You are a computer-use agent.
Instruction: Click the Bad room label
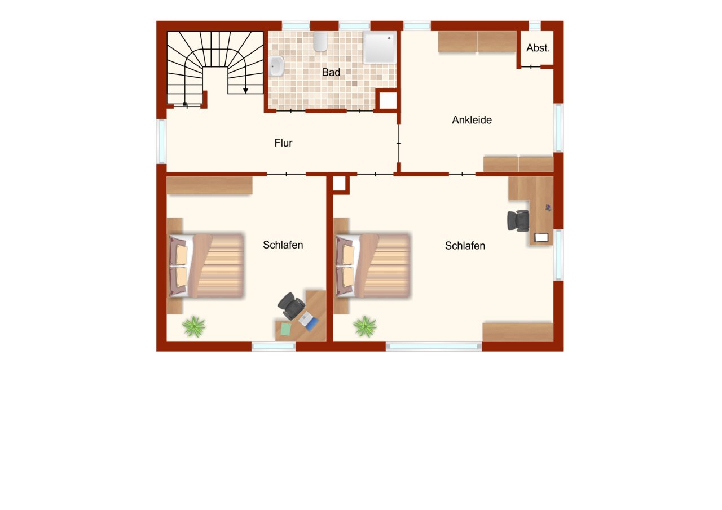[331, 72]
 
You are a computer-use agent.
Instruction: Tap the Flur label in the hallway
[283, 143]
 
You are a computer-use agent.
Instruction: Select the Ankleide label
[472, 119]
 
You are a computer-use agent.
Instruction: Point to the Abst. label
[538, 48]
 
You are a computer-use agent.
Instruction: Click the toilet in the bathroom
[320, 41]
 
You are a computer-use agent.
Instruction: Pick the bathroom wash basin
[276, 66]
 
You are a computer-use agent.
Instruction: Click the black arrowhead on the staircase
[245, 90]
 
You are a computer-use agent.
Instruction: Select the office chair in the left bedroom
[292, 305]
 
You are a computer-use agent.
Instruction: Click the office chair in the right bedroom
[518, 220]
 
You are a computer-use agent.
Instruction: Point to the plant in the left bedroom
[193, 326]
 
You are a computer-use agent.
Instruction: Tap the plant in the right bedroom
[365, 326]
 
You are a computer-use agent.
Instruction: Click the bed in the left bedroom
[206, 265]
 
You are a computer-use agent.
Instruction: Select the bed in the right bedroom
[373, 265]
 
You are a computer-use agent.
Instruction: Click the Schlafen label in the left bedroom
[283, 245]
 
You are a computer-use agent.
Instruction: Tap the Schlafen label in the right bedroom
[465, 245]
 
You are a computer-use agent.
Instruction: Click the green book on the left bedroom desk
[286, 328]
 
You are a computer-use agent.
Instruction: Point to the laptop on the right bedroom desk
[541, 237]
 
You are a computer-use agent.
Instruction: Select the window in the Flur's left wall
[161, 141]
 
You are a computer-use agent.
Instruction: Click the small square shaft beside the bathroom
[388, 100]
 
